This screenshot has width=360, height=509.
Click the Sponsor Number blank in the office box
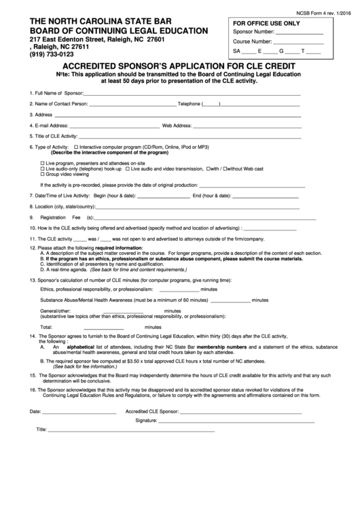point(300,33)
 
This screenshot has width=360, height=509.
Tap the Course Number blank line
point(298,42)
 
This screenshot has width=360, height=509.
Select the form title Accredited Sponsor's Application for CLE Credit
point(179,66)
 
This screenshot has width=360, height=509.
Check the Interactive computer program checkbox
point(75,147)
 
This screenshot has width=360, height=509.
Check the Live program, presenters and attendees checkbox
point(43,163)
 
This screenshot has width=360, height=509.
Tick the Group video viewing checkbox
point(43,174)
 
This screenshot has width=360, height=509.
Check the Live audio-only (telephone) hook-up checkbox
point(43,169)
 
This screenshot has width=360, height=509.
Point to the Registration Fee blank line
point(204,217)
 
